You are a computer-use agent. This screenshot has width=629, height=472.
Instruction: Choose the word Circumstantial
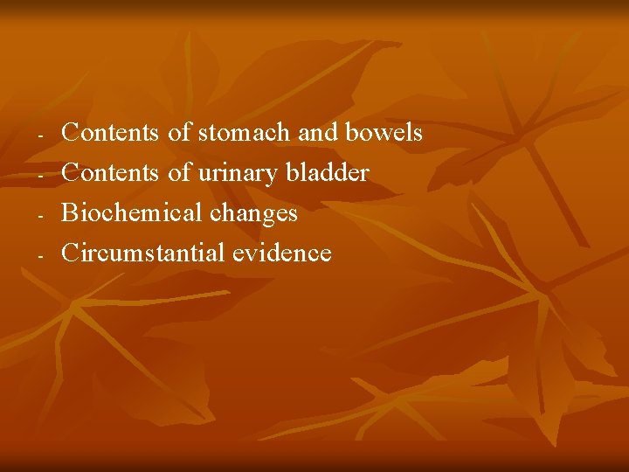pos(143,253)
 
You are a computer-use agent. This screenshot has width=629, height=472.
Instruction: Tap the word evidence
pos(282,253)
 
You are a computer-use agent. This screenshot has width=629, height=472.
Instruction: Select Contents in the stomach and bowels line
pos(111,133)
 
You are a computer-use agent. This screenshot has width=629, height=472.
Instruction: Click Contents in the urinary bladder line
pos(111,173)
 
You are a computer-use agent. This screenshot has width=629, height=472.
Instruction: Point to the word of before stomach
pos(179,133)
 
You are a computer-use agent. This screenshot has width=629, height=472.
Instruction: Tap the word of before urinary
pos(179,173)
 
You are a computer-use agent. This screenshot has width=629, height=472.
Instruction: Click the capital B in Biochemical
pos(71,213)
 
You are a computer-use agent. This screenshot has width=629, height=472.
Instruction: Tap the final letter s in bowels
pos(417,134)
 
